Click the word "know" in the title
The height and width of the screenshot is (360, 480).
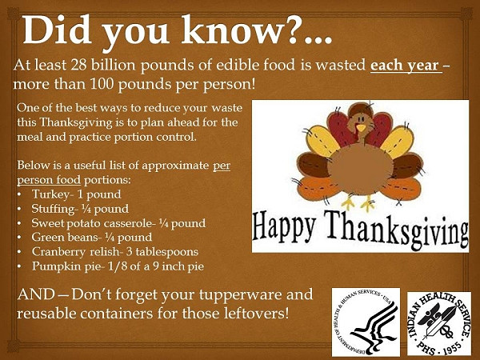click(x=234, y=30)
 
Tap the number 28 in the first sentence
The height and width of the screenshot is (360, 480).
click(x=79, y=65)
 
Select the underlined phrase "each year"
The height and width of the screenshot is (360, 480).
click(x=405, y=66)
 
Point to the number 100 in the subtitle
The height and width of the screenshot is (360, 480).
click(x=102, y=84)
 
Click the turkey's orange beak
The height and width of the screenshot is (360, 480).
click(x=362, y=128)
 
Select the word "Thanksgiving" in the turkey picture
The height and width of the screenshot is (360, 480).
click(x=395, y=229)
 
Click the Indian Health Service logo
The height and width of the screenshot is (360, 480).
click(x=439, y=323)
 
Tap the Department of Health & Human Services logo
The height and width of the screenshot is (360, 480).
click(x=366, y=322)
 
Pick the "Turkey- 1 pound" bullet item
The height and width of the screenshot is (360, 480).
click(x=76, y=194)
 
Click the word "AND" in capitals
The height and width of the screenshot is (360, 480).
click(x=35, y=294)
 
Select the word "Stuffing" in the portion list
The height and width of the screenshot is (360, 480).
click(x=53, y=209)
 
